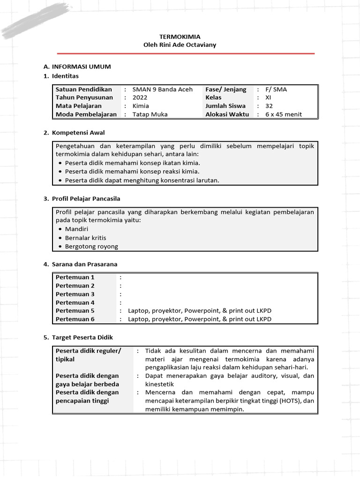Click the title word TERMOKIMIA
click(x=173, y=37)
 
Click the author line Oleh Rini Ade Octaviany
click(x=180, y=45)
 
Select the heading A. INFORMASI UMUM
click(x=77, y=67)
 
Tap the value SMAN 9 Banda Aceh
click(x=162, y=89)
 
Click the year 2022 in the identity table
click(x=140, y=97)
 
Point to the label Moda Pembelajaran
click(x=86, y=114)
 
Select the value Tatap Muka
click(x=150, y=114)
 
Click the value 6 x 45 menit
click(x=284, y=114)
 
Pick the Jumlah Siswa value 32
click(x=269, y=106)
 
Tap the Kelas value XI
click(x=268, y=97)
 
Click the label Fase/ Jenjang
click(x=225, y=89)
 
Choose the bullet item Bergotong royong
click(x=91, y=247)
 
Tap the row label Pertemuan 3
click(x=75, y=294)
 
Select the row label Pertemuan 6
click(x=75, y=319)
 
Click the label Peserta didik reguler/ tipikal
click(x=88, y=355)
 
